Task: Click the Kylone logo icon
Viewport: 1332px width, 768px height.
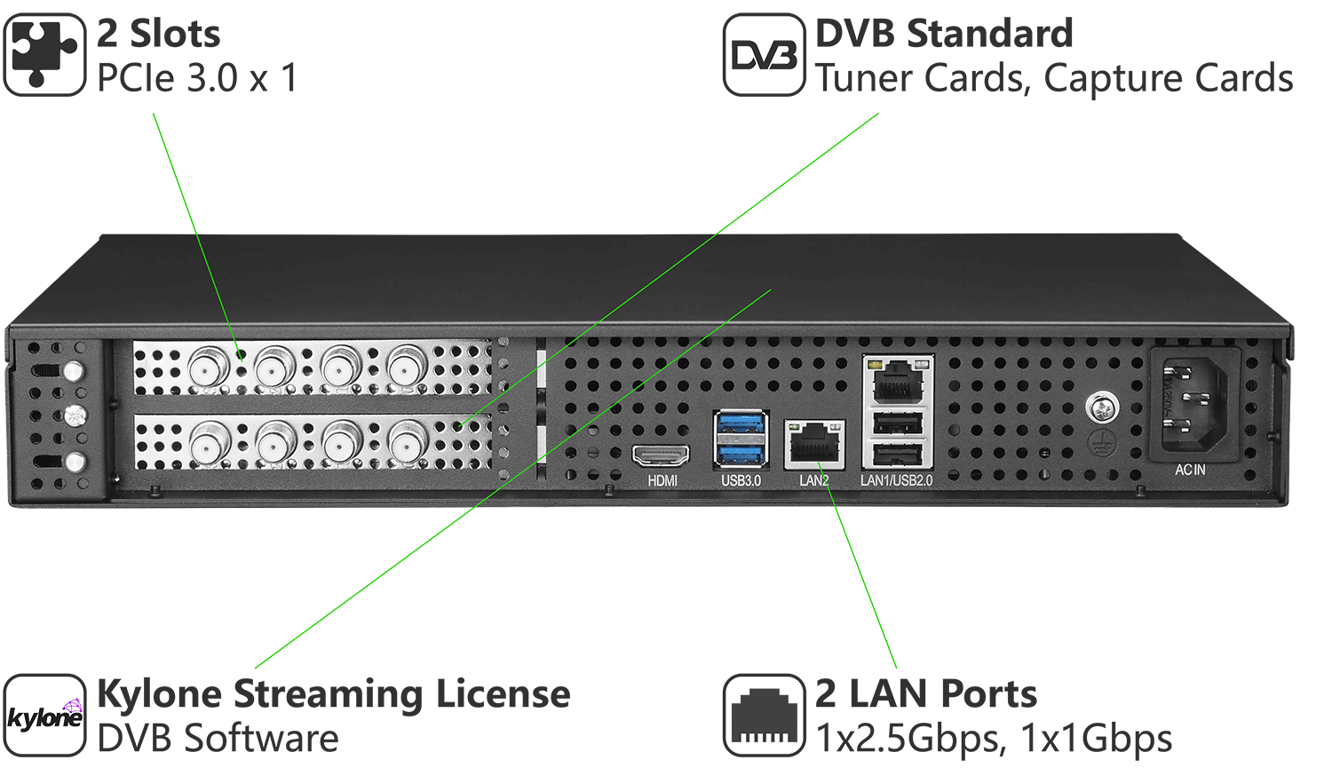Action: pos(44,716)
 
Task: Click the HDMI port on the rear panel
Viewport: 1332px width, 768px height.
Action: pos(661,456)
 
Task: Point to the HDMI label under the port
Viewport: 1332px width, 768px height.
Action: pos(662,480)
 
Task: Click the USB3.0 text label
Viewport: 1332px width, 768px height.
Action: pos(741,480)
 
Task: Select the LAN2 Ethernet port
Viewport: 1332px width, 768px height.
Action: pos(814,443)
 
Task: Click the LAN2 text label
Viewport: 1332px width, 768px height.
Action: pos(813,480)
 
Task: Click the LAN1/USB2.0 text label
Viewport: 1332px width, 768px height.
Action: pos(896,480)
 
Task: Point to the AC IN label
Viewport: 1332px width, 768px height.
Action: pos(1190,470)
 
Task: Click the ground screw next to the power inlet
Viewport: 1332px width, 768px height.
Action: pos(1102,408)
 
